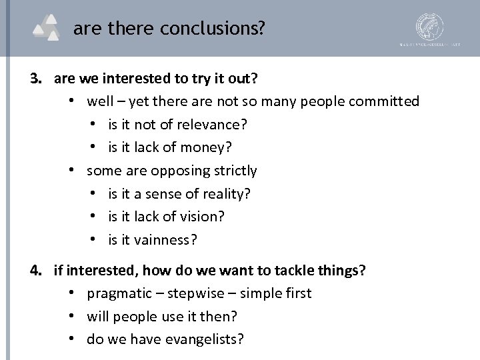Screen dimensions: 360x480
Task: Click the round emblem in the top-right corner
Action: pos(429,28)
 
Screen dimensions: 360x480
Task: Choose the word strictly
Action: pos(235,171)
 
